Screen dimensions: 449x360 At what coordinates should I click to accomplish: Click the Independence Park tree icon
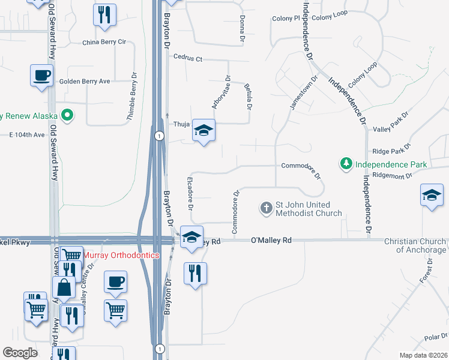tap(346, 164)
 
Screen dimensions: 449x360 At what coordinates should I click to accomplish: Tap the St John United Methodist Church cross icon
tap(266, 209)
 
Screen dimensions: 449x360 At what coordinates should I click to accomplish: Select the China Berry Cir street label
tap(104, 43)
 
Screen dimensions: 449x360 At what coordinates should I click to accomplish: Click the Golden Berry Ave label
tap(84, 82)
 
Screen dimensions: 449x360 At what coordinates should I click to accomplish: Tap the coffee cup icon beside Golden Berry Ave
tap(41, 76)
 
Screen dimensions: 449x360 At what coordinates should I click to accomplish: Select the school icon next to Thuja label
tap(203, 130)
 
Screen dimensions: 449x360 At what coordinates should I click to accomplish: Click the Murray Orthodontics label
tap(121, 255)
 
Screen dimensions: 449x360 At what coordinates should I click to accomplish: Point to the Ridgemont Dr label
tap(392, 176)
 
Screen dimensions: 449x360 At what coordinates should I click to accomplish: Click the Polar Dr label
tap(436, 338)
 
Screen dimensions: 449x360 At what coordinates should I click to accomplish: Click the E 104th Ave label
tap(27, 135)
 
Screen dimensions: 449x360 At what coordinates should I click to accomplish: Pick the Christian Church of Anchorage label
tap(416, 245)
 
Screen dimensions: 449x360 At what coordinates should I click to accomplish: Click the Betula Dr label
tap(247, 97)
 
